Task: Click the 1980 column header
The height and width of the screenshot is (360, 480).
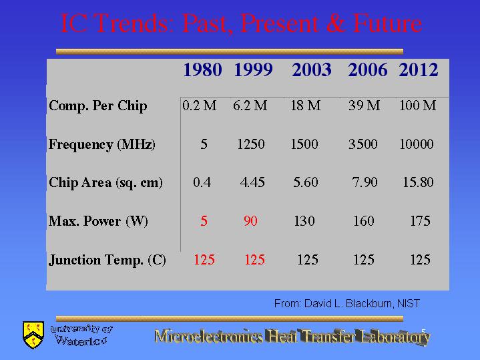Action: click(x=202, y=70)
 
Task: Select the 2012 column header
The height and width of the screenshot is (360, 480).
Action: click(x=418, y=70)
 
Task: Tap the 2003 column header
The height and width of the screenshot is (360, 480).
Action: click(x=312, y=70)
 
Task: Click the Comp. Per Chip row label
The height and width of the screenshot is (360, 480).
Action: click(x=98, y=106)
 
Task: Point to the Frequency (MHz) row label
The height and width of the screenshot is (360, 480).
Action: click(x=102, y=144)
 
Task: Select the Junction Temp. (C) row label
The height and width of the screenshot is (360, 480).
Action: click(x=107, y=260)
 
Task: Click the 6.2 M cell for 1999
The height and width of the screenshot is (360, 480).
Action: click(x=250, y=106)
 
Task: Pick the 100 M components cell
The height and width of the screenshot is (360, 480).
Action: click(x=418, y=106)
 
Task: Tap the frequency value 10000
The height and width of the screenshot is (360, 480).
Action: click(x=417, y=144)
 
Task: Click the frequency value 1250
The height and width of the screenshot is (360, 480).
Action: click(x=251, y=144)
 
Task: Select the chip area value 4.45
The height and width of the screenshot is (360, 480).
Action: click(x=252, y=182)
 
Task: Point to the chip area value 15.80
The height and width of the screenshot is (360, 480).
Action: click(x=418, y=182)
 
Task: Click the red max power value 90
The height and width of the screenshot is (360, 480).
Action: click(x=251, y=221)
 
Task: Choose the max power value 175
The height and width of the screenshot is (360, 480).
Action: click(x=421, y=221)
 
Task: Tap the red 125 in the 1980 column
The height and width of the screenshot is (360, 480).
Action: click(x=204, y=260)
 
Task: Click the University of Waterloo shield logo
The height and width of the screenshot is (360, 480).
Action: click(x=33, y=335)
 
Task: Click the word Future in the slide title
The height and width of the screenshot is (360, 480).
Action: click(x=387, y=23)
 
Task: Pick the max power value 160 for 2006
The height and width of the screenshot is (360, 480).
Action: click(x=364, y=221)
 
